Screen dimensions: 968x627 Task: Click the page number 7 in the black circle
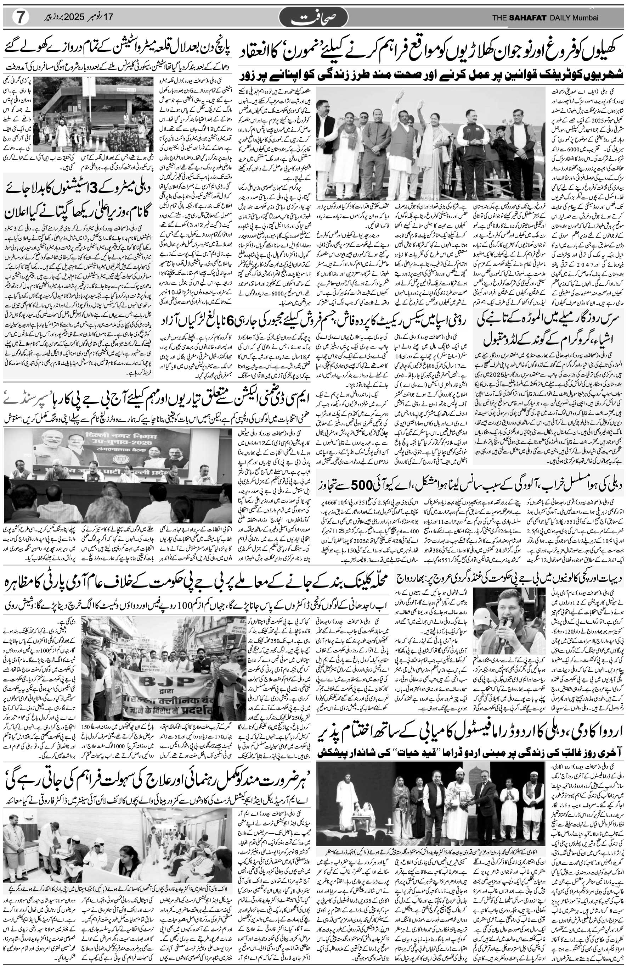click(19, 17)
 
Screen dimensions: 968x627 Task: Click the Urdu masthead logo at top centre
click(314, 17)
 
